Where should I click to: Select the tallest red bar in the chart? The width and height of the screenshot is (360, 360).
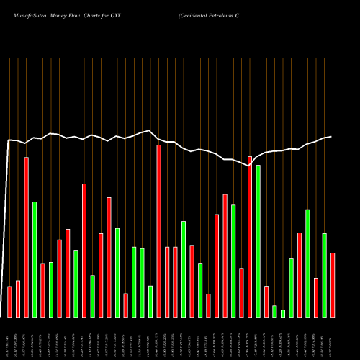click(x=158, y=230)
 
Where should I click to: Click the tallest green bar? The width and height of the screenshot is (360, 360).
click(x=258, y=241)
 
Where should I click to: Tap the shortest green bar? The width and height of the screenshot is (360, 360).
click(x=283, y=313)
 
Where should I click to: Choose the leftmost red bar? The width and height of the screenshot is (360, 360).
click(x=9, y=302)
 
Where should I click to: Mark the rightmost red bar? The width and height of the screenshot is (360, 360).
click(x=333, y=284)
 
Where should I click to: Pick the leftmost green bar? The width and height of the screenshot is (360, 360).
click(x=35, y=259)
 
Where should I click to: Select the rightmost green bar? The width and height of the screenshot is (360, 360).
click(x=324, y=275)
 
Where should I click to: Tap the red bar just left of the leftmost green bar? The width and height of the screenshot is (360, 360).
click(x=26, y=237)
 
